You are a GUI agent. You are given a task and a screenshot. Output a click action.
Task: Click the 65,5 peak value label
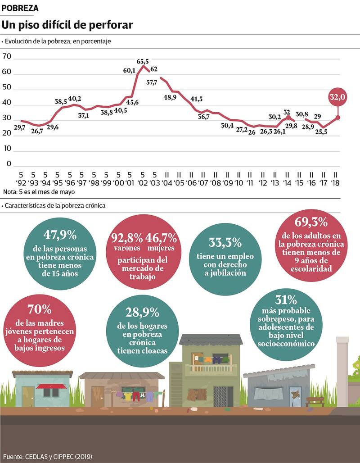pyautogui.click(x=143, y=61)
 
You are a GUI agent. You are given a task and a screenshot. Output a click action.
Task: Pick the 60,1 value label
pyautogui.click(x=129, y=70)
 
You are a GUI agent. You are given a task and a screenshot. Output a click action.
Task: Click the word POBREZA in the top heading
pyautogui.click(x=20, y=8)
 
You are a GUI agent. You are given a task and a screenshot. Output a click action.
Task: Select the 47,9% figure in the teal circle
pyautogui.click(x=60, y=235)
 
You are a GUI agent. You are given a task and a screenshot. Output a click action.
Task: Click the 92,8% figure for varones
pyautogui.click(x=125, y=237)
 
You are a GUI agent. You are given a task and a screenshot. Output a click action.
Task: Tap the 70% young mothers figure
pyautogui.click(x=40, y=309)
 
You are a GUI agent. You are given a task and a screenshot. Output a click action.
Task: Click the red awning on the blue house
pyautogui.click(x=51, y=386)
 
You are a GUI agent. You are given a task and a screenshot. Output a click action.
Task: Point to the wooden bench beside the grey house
pyautogui.click(x=315, y=399)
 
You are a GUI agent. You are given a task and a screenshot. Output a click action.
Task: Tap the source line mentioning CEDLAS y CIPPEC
pyautogui.click(x=47, y=456)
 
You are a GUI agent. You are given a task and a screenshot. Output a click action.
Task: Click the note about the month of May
pyautogui.click(x=39, y=192)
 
